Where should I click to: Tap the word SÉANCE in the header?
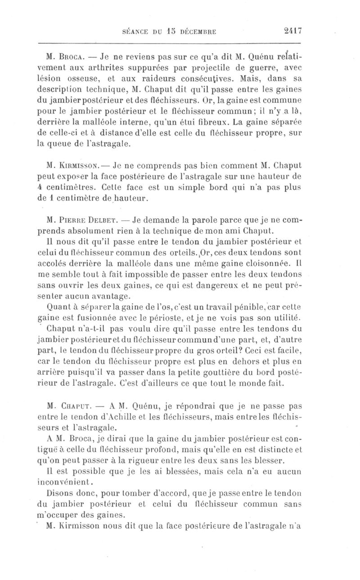pyautogui.click(x=136, y=32)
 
